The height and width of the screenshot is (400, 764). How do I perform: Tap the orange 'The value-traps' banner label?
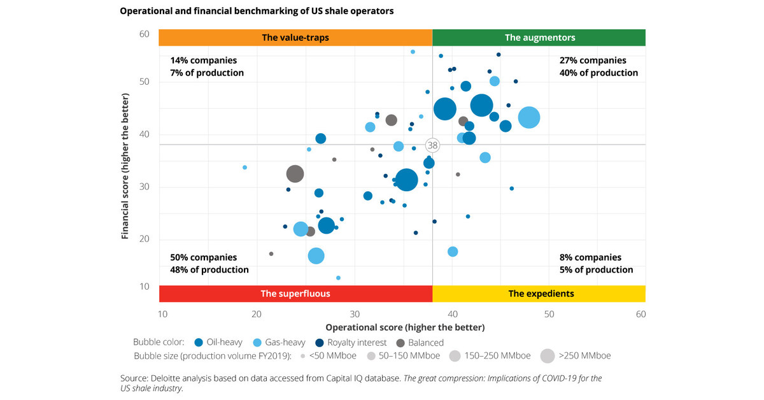295,38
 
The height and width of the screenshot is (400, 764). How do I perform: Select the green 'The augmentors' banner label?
539,38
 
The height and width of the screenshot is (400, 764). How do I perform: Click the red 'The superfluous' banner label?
295,294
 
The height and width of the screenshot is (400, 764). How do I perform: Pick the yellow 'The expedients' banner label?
541,294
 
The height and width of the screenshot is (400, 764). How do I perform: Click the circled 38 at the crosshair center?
433,145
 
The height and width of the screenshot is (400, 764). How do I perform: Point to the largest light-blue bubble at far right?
529,117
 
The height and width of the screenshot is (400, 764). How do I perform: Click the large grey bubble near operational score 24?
295,173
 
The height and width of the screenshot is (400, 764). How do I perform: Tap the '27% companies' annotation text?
593,61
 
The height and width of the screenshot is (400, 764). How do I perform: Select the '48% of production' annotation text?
209,269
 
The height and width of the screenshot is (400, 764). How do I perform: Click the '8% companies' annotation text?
590,257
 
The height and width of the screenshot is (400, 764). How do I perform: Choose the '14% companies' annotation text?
203,61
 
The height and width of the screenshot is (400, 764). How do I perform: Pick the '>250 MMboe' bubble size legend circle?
547,355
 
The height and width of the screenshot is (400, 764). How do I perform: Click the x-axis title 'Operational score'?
405,327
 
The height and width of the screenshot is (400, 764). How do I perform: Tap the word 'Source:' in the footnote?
136,378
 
